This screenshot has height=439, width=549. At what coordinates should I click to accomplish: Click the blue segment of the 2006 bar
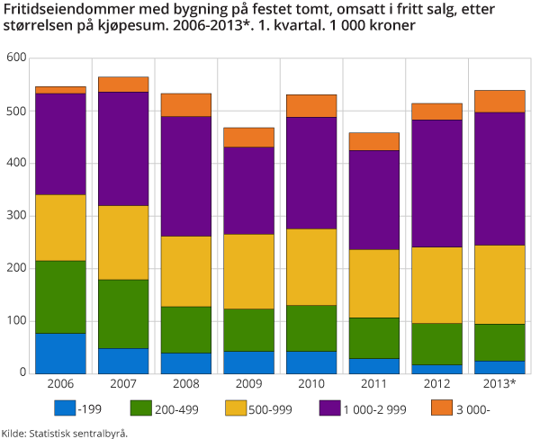point(59,354)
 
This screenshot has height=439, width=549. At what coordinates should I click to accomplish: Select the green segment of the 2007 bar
point(122,314)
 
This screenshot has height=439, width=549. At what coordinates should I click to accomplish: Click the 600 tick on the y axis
point(18,58)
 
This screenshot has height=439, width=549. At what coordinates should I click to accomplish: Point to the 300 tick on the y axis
point(18,216)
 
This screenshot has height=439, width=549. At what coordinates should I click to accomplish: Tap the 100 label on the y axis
point(18,321)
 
